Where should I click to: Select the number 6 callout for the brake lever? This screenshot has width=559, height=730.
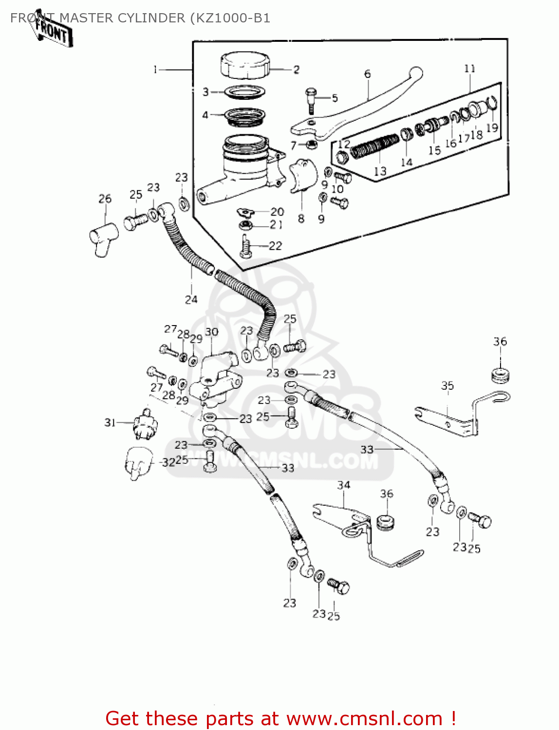[367, 74]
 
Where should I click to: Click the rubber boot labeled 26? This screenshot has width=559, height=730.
[103, 238]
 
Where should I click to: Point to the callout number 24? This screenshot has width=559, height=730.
[191, 299]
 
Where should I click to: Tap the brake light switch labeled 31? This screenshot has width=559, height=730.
[145, 424]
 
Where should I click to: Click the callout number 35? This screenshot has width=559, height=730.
[447, 386]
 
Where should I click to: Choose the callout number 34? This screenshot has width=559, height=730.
[344, 485]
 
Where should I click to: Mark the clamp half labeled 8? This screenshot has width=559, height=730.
[302, 176]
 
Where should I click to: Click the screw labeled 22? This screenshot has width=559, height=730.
[245, 246]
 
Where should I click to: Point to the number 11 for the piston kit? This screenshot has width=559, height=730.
[469, 69]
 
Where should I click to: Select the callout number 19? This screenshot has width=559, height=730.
[492, 128]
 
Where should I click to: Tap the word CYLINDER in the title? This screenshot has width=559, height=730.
[150, 18]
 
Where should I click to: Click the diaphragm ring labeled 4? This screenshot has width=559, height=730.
[245, 116]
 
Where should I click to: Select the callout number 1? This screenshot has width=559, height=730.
[155, 70]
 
